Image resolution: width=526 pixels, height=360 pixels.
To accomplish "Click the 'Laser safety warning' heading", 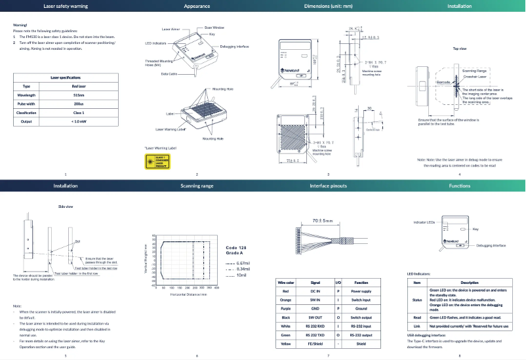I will tap(65, 6).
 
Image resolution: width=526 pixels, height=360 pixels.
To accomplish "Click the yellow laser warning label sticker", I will tap(155, 160).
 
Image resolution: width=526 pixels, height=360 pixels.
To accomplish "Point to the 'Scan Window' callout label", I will tap(214, 28).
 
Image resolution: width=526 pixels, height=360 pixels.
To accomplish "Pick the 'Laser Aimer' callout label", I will tap(171, 30).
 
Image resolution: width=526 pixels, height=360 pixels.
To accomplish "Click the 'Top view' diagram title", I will tap(459, 49).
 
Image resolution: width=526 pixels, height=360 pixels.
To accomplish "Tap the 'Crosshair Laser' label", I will tap(474, 76).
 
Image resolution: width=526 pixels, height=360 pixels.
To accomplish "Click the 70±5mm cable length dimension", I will tap(323, 221).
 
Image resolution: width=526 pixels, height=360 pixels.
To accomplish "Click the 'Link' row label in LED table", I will tap(416, 325).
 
